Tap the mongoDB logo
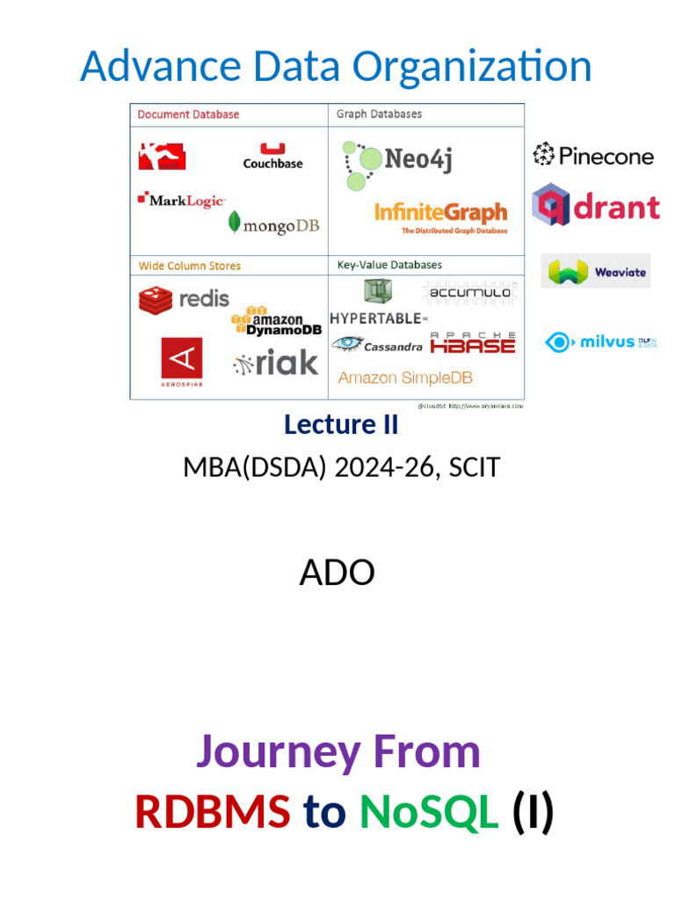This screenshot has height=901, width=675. coord(273,223)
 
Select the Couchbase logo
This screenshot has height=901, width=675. coord(272,156)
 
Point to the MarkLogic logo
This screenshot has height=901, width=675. coord(181,201)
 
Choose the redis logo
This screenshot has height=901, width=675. coord(184,299)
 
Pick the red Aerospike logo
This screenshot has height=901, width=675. coord(181,362)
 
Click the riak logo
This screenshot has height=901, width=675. coord(276,362)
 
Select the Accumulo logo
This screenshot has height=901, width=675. coord(469,292)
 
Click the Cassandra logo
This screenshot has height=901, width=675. coord(377,345)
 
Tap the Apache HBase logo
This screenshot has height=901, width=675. coord(473,343)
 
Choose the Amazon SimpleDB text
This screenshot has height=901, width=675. coord(405,377)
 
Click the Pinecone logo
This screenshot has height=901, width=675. coord(593,156)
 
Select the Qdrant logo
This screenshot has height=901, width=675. coord(595,206)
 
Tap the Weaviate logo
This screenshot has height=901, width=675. coord(598,272)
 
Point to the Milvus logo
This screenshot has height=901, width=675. coord(601,341)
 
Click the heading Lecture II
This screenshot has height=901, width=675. coord(341,424)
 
